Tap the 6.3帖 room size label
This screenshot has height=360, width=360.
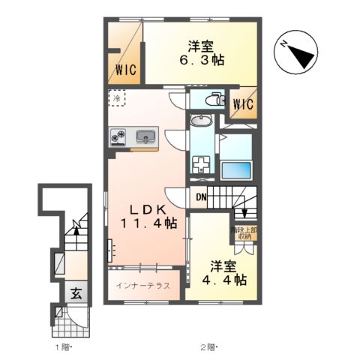click(x=202, y=60)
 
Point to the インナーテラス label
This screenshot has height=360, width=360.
click(x=143, y=285)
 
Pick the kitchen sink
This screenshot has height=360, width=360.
click(x=145, y=136)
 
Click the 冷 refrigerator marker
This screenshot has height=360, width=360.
click(x=118, y=97)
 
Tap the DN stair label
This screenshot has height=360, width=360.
click(x=200, y=198)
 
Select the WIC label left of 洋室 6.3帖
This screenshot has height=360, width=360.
click(x=125, y=71)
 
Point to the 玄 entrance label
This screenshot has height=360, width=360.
click(x=76, y=293)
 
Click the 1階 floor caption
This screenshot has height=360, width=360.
click(x=62, y=348)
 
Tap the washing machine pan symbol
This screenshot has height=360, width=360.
click(x=201, y=163)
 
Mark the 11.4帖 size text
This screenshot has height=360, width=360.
click(x=149, y=223)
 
